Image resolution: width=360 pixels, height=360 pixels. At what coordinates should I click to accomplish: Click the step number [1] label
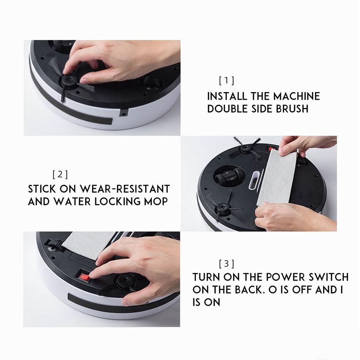click(227, 81)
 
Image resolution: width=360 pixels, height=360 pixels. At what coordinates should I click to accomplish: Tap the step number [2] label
click(60, 174)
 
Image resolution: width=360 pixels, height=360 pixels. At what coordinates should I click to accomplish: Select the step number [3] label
click(227, 264)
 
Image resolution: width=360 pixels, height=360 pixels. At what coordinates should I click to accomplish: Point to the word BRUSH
click(292, 109)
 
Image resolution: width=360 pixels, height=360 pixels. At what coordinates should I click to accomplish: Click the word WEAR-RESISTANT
click(125, 189)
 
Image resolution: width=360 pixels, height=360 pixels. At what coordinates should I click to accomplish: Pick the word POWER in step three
click(283, 277)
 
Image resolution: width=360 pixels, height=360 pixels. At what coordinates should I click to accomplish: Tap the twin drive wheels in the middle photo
click(229, 176)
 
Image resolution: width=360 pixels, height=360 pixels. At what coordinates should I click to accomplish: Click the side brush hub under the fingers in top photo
click(69, 81)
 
